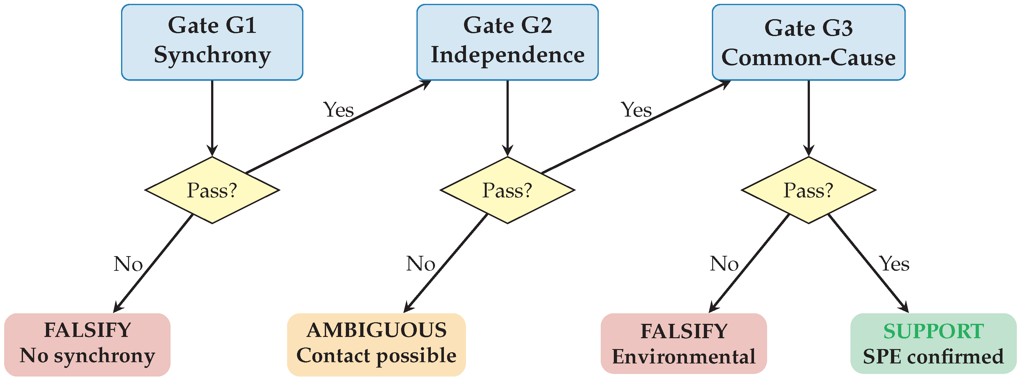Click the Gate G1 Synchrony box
(x=212, y=42)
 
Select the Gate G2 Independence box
(x=507, y=42)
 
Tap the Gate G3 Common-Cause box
(x=809, y=42)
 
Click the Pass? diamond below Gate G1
(x=212, y=190)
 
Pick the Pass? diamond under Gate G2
(x=507, y=190)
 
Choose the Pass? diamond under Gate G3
(x=809, y=190)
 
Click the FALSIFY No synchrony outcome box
(x=87, y=344)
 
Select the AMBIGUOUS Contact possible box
(x=376, y=344)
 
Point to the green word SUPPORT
(x=933, y=331)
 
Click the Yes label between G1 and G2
(x=338, y=110)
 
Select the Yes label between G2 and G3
(x=636, y=110)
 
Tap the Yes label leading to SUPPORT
(x=894, y=264)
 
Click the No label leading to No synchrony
(x=128, y=264)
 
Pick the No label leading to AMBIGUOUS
(x=421, y=264)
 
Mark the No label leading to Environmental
(x=724, y=264)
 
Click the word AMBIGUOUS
(x=376, y=331)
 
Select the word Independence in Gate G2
(x=507, y=55)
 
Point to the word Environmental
(x=683, y=357)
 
